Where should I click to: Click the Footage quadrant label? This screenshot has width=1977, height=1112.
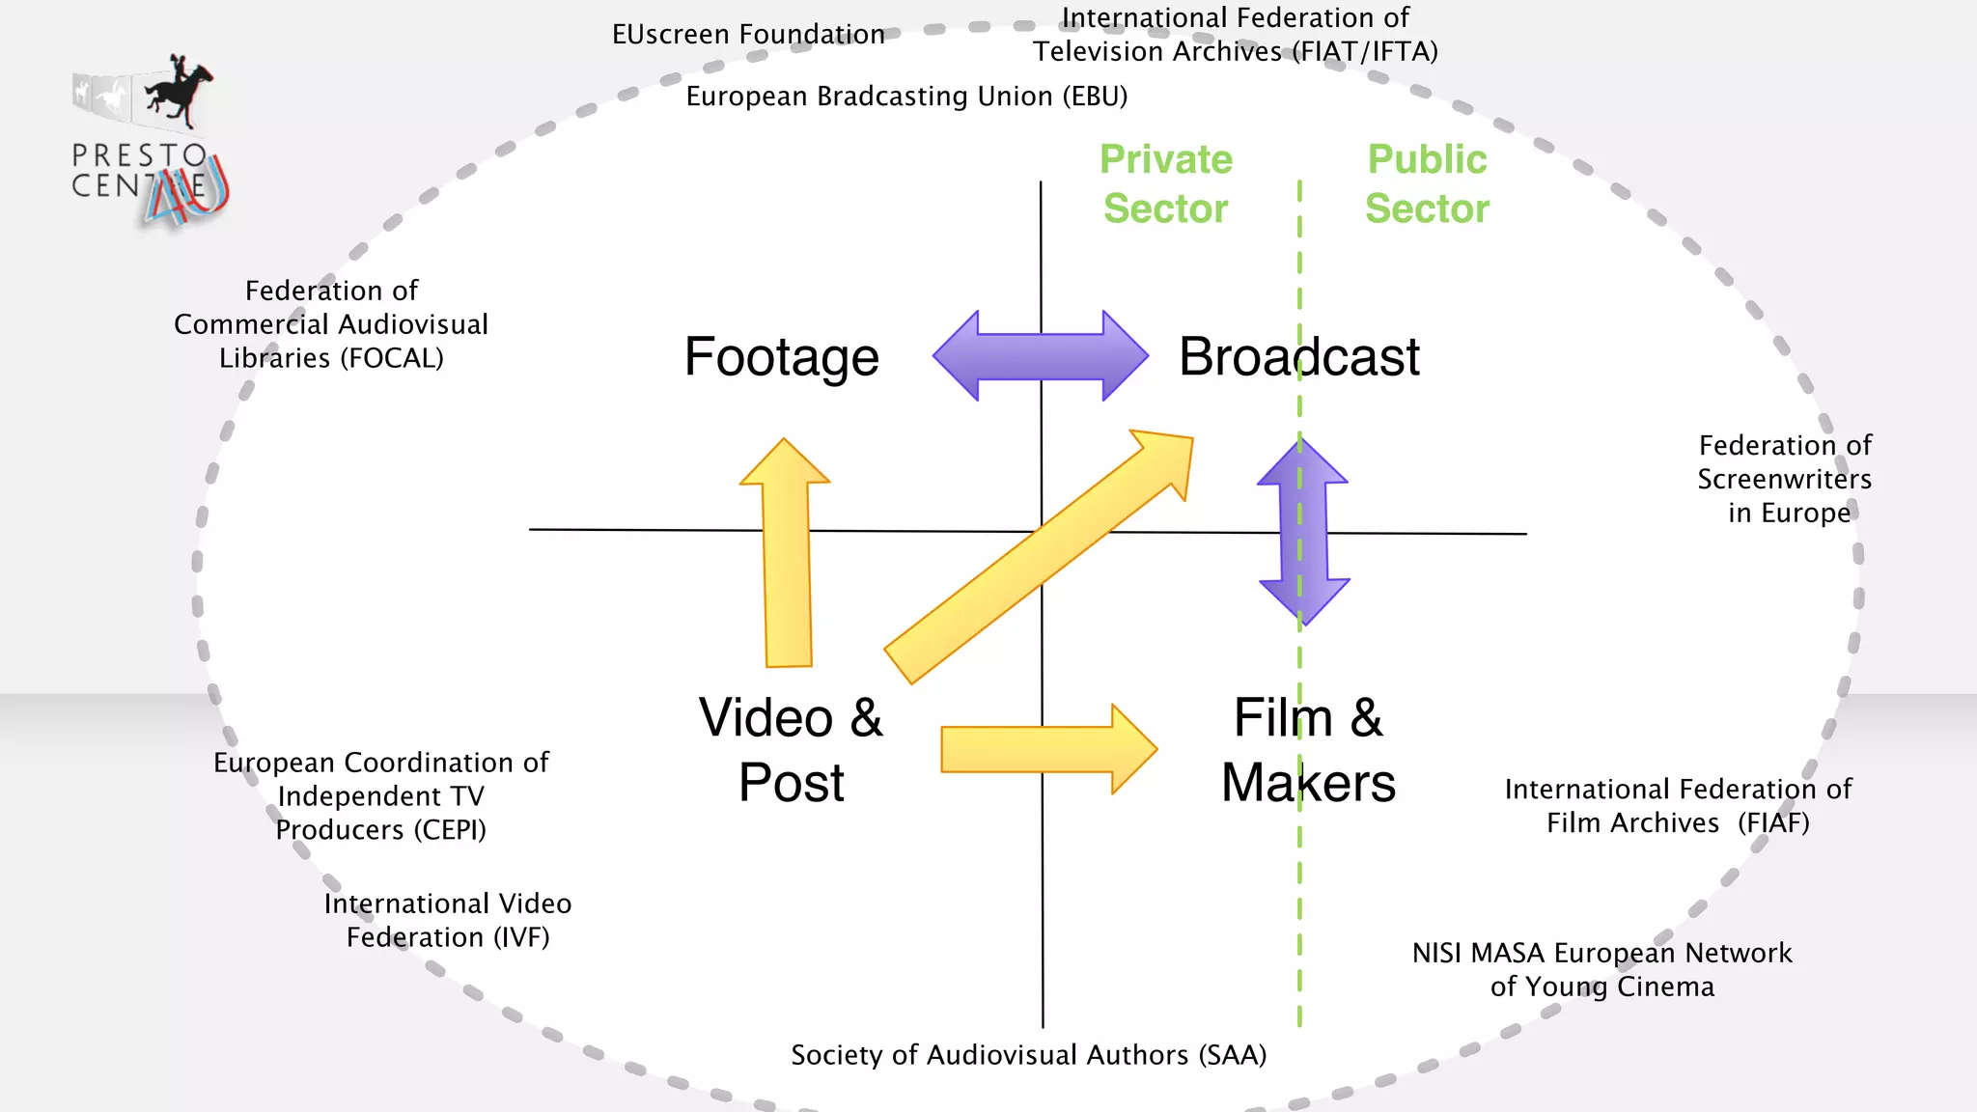pos(781,357)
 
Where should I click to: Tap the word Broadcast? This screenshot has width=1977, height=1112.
pos(1298,357)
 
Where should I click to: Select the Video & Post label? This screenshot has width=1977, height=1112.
pos(791,750)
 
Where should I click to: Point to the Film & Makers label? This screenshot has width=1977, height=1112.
pos(1308,750)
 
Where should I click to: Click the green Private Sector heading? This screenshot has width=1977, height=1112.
pos(1166,183)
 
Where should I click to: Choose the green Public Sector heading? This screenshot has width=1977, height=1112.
pos(1427,183)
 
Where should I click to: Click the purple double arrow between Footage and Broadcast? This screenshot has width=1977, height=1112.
pos(1041,355)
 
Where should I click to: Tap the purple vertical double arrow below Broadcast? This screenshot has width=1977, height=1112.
pos(1303,531)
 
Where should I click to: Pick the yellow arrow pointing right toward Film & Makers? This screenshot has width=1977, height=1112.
pos(1048,749)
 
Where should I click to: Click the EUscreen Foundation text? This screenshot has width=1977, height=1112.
pos(748,35)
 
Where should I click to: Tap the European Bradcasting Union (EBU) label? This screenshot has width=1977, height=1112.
pos(906,97)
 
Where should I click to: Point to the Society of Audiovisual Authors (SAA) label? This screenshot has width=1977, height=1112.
pos(1028,1055)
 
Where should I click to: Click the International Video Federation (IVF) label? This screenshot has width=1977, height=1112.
pos(448,920)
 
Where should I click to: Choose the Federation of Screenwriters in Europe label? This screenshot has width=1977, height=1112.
pos(1785,479)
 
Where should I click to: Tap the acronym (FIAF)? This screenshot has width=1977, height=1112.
pos(1773,823)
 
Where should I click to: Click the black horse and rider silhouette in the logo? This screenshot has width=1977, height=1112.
pos(180,92)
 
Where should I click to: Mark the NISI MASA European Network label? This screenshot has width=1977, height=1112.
pos(1601,954)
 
